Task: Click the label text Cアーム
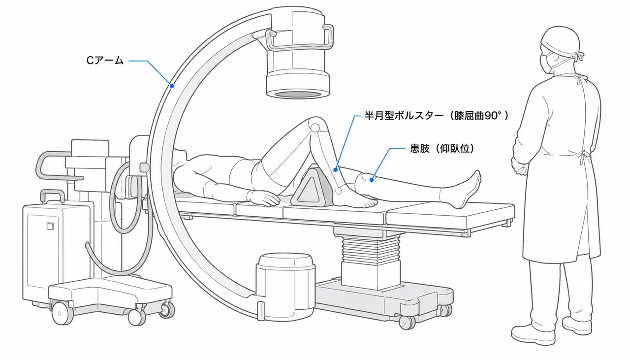click(105, 61)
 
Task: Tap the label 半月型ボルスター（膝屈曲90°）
click(437, 116)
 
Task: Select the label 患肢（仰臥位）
click(442, 148)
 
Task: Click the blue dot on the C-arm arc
click(172, 86)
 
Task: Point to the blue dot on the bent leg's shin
click(336, 170)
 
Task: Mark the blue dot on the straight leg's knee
click(372, 180)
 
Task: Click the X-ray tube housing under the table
click(285, 287)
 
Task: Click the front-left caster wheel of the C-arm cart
click(61, 314)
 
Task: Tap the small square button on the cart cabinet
click(50, 226)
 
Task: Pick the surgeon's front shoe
click(533, 335)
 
